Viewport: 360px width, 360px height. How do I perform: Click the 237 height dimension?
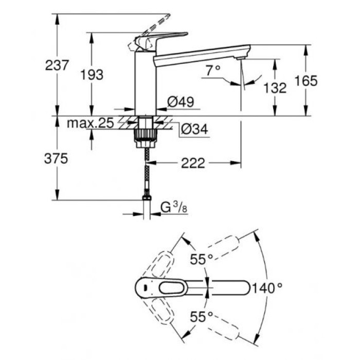pyautogui.click(x=57, y=66)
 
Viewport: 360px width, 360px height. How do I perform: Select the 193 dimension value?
pyautogui.click(x=92, y=75)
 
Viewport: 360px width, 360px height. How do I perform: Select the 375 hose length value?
pyautogui.click(x=57, y=159)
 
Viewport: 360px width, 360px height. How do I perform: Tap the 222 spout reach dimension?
pyautogui.click(x=193, y=164)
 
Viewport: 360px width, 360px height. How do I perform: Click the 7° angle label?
pyautogui.click(x=212, y=71)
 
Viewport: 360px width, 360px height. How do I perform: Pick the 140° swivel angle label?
pyautogui.click(x=271, y=288)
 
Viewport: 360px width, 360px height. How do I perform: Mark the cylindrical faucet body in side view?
pyautogui.click(x=145, y=82)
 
